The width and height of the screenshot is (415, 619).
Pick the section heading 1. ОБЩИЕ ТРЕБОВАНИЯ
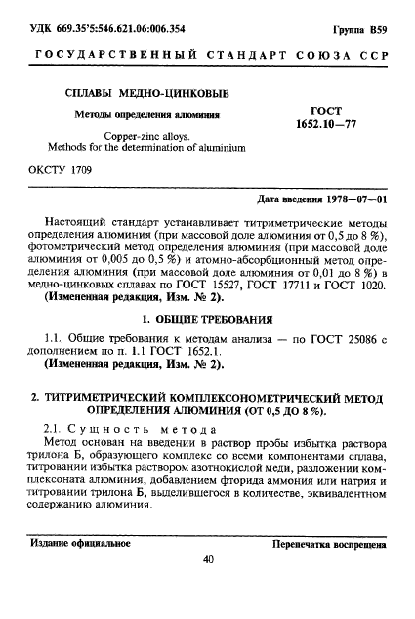pos(207,319)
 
